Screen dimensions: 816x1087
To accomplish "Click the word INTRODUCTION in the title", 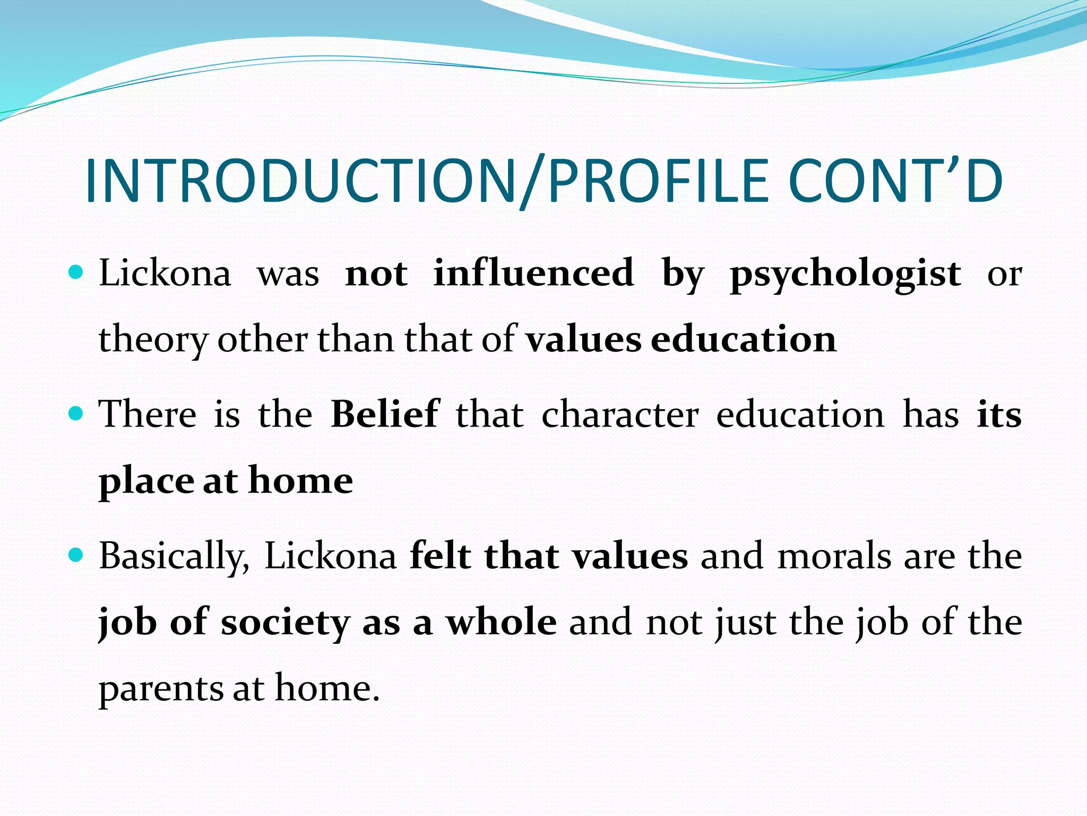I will click(300, 182).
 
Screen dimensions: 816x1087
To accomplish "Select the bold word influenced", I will click(533, 273).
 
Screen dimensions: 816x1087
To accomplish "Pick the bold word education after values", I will click(743, 339).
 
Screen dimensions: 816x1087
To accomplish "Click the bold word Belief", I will click(385, 414).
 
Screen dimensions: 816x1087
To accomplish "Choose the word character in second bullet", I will click(619, 415).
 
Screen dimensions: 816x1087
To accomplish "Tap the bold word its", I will click(999, 415).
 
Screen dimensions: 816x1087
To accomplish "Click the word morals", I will click(834, 557).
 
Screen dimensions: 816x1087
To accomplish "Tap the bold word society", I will click(286, 623).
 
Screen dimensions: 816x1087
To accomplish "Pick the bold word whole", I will click(501, 622).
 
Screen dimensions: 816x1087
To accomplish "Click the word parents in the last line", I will click(161, 690).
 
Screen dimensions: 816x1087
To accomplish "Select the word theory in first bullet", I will click(153, 341).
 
